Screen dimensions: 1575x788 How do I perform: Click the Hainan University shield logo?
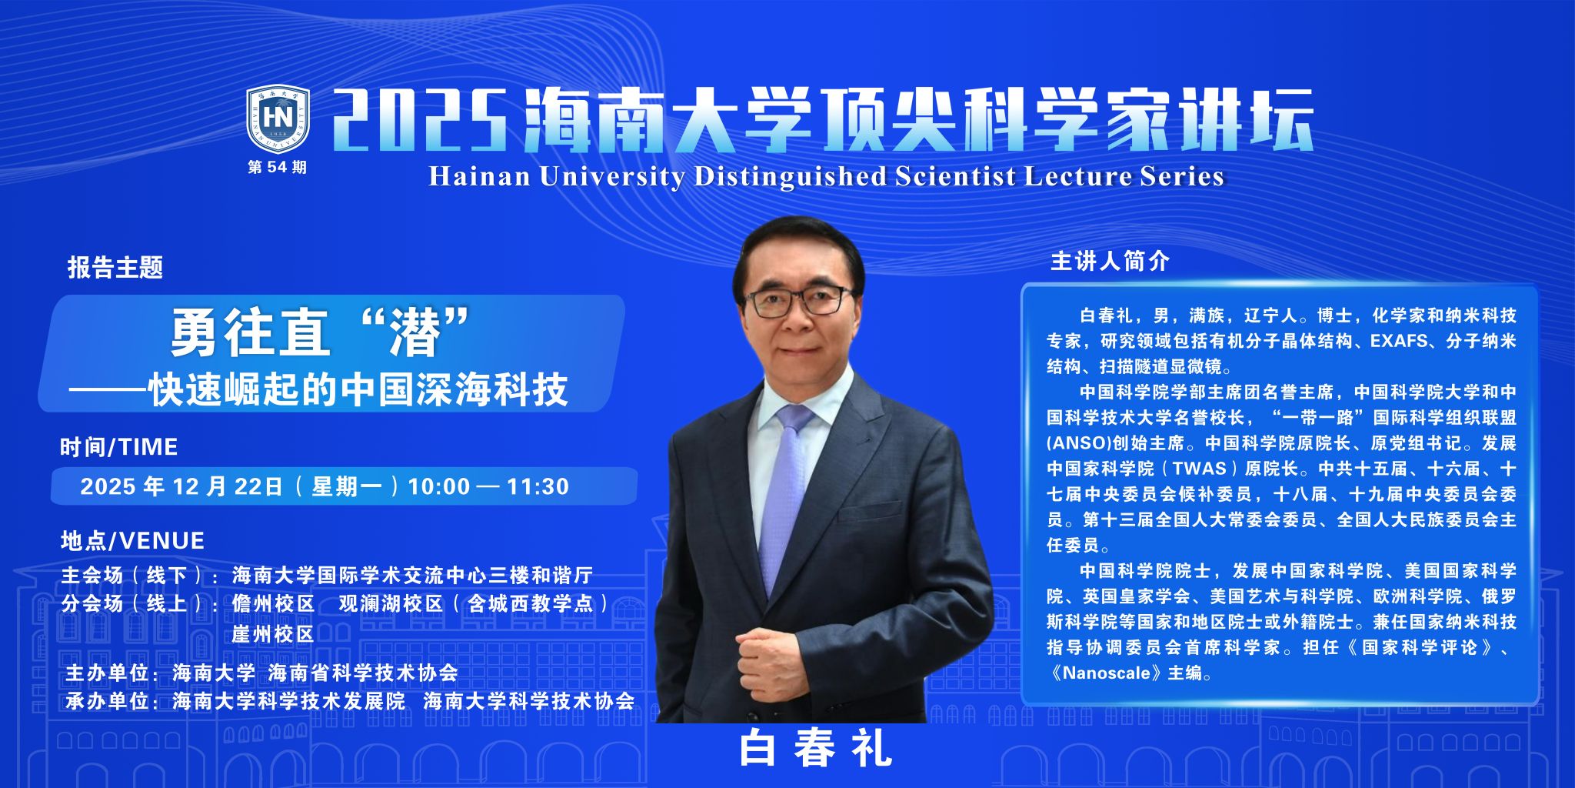point(278,119)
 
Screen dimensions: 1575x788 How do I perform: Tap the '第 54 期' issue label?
point(277,167)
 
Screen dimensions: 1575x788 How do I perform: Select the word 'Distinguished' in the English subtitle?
point(790,176)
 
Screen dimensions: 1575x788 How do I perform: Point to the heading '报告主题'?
point(115,268)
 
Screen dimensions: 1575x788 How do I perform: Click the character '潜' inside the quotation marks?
point(416,333)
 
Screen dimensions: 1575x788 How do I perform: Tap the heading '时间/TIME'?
point(119,447)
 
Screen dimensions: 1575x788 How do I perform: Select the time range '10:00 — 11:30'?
point(488,486)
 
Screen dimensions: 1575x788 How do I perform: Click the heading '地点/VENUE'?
point(132,541)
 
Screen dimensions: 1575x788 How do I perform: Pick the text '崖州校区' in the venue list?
point(273,634)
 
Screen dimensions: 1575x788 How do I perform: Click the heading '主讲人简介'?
point(1110,262)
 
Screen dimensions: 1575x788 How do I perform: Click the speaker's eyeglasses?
point(799,300)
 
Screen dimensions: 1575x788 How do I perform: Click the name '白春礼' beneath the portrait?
point(816,748)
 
